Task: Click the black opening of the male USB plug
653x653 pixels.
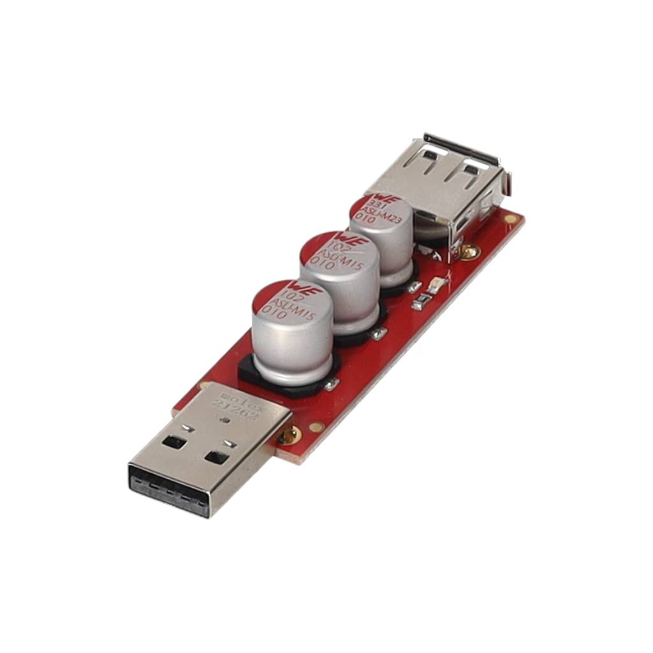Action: point(168,488)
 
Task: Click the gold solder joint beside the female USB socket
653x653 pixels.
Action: point(469,251)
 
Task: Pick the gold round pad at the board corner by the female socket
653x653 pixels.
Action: point(510,219)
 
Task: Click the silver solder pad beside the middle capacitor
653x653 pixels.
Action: point(380,332)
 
